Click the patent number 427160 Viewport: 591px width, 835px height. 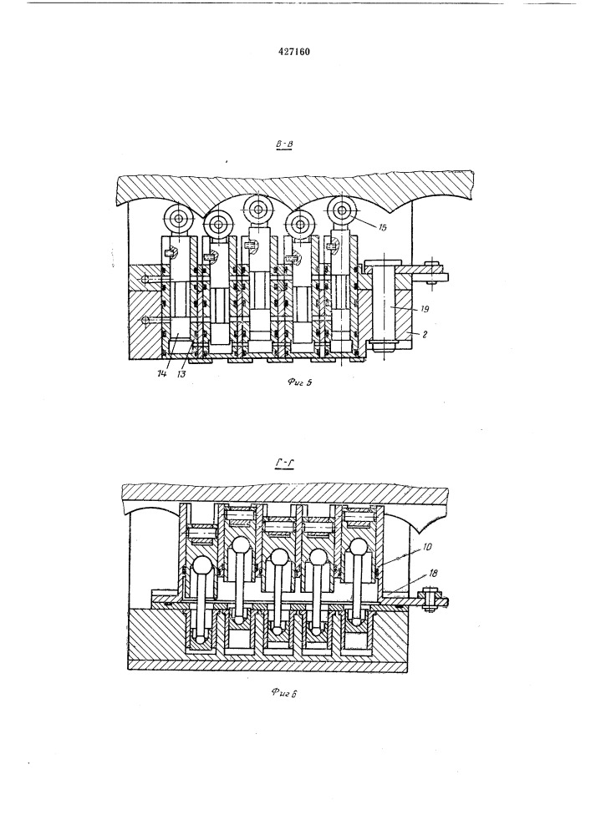pyautogui.click(x=295, y=52)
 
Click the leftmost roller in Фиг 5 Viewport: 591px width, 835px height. pyautogui.click(x=179, y=220)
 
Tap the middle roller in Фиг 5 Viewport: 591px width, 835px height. pyautogui.click(x=257, y=209)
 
